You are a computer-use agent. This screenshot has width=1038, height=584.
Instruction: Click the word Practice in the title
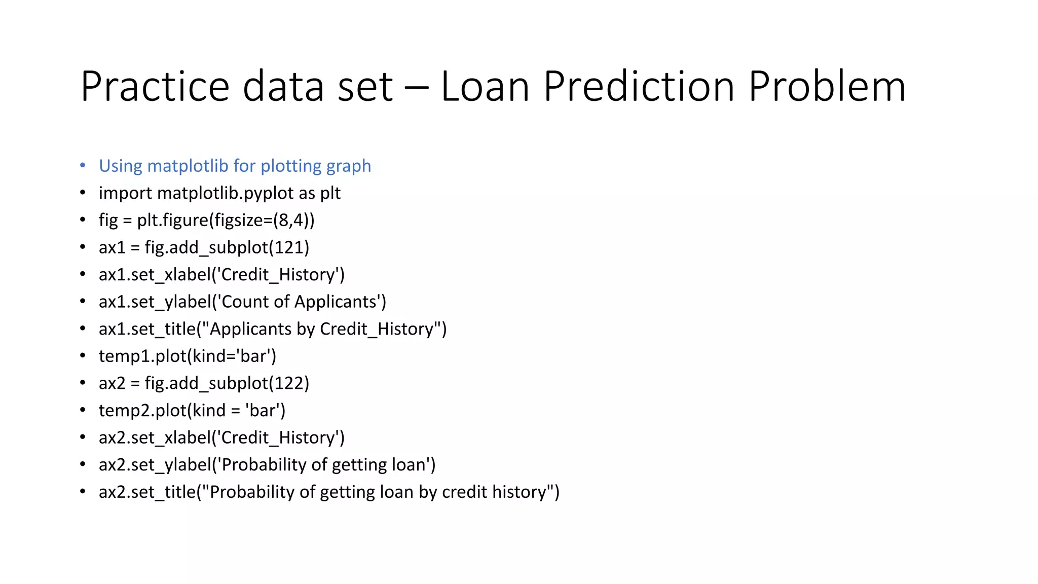tap(155, 87)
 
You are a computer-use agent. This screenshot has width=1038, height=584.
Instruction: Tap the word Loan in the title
tap(485, 87)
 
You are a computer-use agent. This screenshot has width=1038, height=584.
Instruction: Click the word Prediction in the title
tap(639, 87)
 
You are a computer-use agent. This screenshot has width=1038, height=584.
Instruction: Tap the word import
tap(125, 194)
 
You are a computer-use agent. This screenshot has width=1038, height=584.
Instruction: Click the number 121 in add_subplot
tap(288, 247)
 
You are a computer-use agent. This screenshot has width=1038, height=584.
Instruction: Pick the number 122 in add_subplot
tap(288, 383)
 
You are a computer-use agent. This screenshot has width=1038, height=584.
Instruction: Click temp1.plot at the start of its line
tap(142, 356)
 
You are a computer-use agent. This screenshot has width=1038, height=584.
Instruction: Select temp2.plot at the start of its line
tap(142, 411)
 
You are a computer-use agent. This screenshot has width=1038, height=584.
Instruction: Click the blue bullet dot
tap(83, 165)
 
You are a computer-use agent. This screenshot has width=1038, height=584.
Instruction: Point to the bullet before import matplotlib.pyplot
tap(83, 193)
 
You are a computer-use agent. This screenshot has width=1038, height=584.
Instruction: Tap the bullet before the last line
tap(83, 491)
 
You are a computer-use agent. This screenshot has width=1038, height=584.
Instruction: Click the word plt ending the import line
tap(330, 194)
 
